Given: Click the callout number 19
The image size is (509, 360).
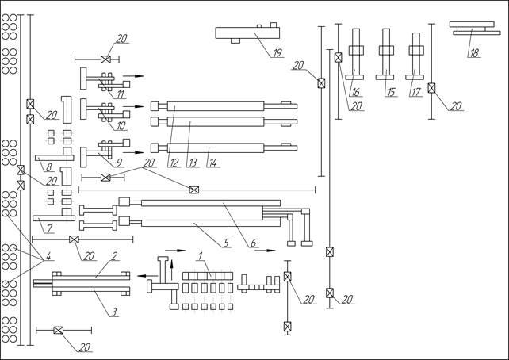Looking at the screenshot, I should pyautogui.click(x=277, y=53).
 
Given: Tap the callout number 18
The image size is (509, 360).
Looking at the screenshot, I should pyautogui.click(x=475, y=53).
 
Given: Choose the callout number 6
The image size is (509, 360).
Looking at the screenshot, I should pyautogui.click(x=253, y=242).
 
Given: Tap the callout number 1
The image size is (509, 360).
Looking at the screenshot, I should pyautogui.click(x=201, y=255).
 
